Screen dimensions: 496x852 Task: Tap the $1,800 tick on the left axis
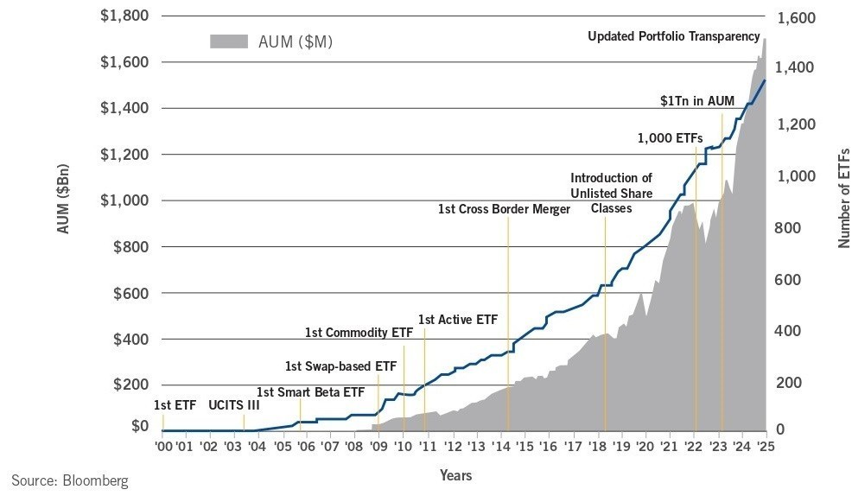125,16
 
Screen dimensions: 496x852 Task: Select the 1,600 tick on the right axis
801,16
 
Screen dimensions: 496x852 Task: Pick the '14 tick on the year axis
500,446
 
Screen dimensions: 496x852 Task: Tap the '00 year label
163,446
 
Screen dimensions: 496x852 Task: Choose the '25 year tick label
765,446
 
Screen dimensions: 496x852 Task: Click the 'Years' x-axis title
455,475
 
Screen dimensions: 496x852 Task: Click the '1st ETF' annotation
175,404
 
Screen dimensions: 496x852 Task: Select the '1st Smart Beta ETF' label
310,391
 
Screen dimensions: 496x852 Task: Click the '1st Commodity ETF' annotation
359,332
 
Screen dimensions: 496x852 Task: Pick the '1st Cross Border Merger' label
504,209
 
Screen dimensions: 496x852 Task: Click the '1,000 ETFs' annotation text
670,137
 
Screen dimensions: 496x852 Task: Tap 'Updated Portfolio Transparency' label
677,36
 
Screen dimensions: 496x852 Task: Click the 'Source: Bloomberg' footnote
69,480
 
